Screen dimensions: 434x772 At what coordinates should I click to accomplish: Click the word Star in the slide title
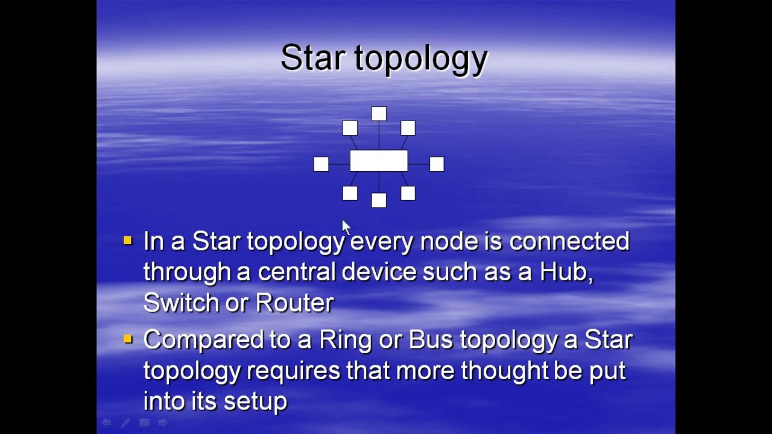[312, 58]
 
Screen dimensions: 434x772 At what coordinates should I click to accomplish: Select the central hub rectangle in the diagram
[379, 161]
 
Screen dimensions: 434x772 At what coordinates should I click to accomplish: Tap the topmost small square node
[379, 113]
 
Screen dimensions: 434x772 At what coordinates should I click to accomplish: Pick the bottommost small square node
[379, 201]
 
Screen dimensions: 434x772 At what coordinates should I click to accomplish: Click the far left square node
[321, 164]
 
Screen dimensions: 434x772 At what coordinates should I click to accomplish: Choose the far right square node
[437, 164]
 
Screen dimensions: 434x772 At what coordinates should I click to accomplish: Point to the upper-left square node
[350, 128]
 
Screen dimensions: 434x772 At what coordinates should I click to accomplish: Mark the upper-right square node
[408, 128]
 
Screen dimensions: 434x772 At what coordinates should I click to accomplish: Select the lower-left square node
[350, 193]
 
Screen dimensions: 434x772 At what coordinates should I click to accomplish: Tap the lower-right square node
[408, 193]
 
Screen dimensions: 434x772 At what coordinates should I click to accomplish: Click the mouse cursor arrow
[346, 227]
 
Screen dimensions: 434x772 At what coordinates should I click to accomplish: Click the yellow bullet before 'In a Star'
[127, 241]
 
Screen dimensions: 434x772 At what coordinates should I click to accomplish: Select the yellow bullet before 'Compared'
[127, 339]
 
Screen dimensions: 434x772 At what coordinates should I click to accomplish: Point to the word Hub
[565, 272]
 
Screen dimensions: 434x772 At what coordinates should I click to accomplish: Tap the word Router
[294, 303]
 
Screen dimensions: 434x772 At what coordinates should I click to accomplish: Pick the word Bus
[430, 340]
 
